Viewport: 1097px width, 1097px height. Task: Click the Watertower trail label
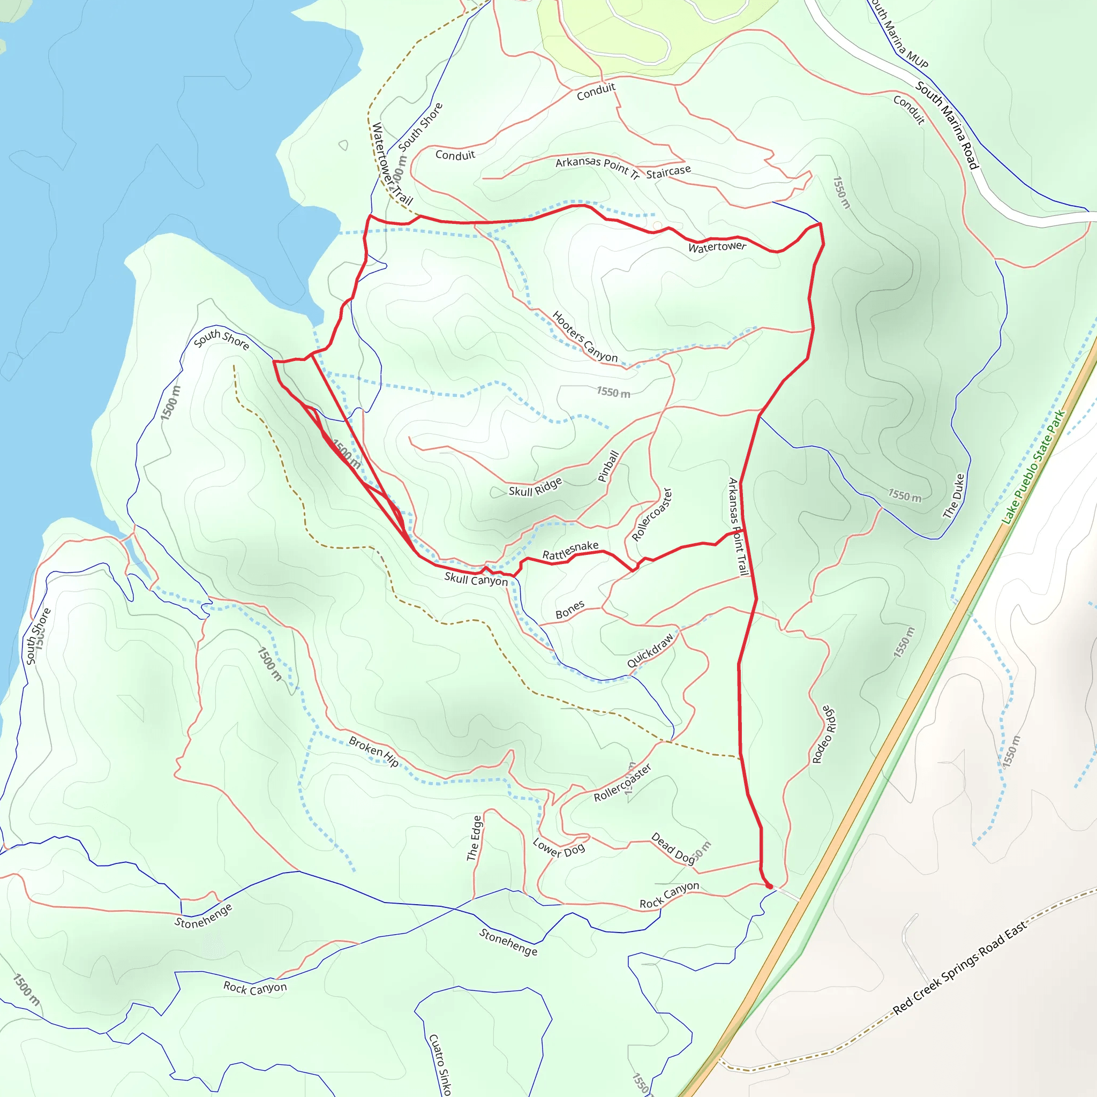click(x=717, y=247)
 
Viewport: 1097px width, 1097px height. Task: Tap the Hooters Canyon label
click(x=584, y=336)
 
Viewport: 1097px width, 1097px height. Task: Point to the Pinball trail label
click(x=608, y=466)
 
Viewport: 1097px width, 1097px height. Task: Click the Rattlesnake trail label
click(x=570, y=550)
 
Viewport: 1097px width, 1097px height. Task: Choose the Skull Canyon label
click(x=476, y=579)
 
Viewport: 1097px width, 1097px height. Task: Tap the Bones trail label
click(x=569, y=610)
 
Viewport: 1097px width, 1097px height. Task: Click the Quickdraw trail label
click(x=650, y=650)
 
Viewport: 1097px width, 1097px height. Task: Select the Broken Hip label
click(x=374, y=751)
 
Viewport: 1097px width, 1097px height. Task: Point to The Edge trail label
click(x=474, y=838)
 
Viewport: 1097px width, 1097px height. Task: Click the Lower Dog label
click(x=559, y=848)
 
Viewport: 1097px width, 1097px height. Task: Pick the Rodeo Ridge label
click(x=824, y=735)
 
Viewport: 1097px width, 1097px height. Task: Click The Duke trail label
click(x=953, y=496)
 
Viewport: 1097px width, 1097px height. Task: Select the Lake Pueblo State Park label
click(x=1033, y=467)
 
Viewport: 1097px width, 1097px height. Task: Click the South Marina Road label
click(x=947, y=125)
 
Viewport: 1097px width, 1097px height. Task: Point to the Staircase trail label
click(x=668, y=171)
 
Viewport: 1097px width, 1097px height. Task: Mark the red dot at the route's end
click(x=769, y=886)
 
